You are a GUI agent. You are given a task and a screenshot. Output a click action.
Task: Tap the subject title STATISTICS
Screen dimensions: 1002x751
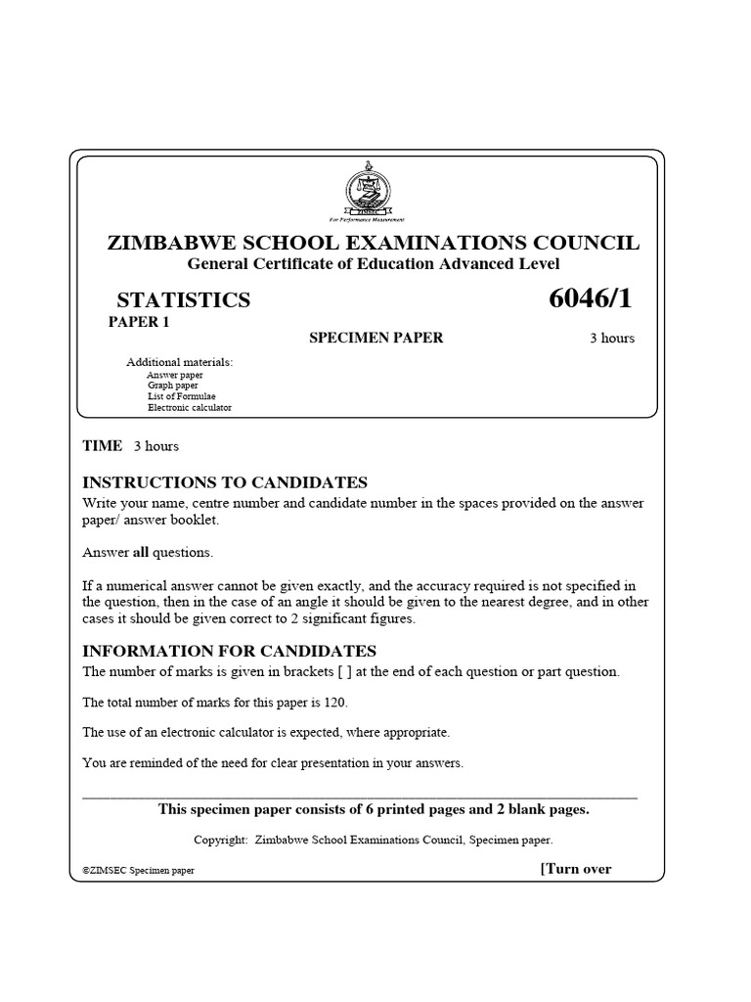point(183,300)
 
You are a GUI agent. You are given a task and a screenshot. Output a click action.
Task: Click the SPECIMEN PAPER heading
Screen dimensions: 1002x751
point(376,338)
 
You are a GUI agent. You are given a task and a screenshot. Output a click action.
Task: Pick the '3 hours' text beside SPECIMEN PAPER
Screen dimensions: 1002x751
point(611,339)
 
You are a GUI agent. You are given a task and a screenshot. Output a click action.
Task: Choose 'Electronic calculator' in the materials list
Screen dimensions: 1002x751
point(190,407)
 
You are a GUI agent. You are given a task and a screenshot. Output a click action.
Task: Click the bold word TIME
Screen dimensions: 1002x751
point(103,446)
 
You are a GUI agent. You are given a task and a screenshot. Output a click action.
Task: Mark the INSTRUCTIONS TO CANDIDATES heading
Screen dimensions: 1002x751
point(225,482)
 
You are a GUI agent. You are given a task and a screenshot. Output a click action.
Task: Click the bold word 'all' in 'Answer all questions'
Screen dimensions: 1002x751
point(140,553)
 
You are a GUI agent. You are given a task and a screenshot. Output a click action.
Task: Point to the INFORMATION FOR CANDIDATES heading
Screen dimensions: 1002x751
point(229,652)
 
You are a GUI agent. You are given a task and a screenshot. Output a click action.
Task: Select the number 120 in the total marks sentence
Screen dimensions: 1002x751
point(333,703)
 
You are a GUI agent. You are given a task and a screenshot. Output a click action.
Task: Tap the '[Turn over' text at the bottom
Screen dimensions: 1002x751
point(576,869)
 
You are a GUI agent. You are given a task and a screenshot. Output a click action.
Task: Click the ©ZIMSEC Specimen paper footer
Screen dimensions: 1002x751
point(139,870)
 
